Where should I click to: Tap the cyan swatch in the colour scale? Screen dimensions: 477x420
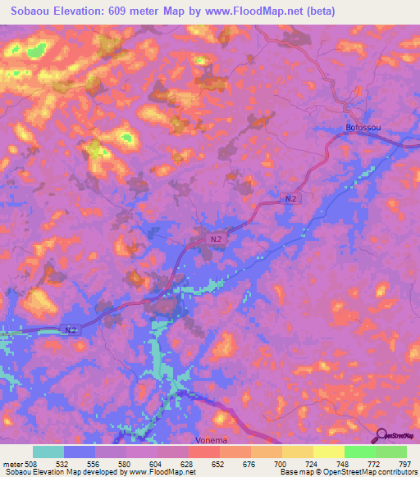(48, 452)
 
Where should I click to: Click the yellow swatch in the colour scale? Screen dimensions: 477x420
(328, 452)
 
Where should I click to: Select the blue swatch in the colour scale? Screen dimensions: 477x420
(80, 452)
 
